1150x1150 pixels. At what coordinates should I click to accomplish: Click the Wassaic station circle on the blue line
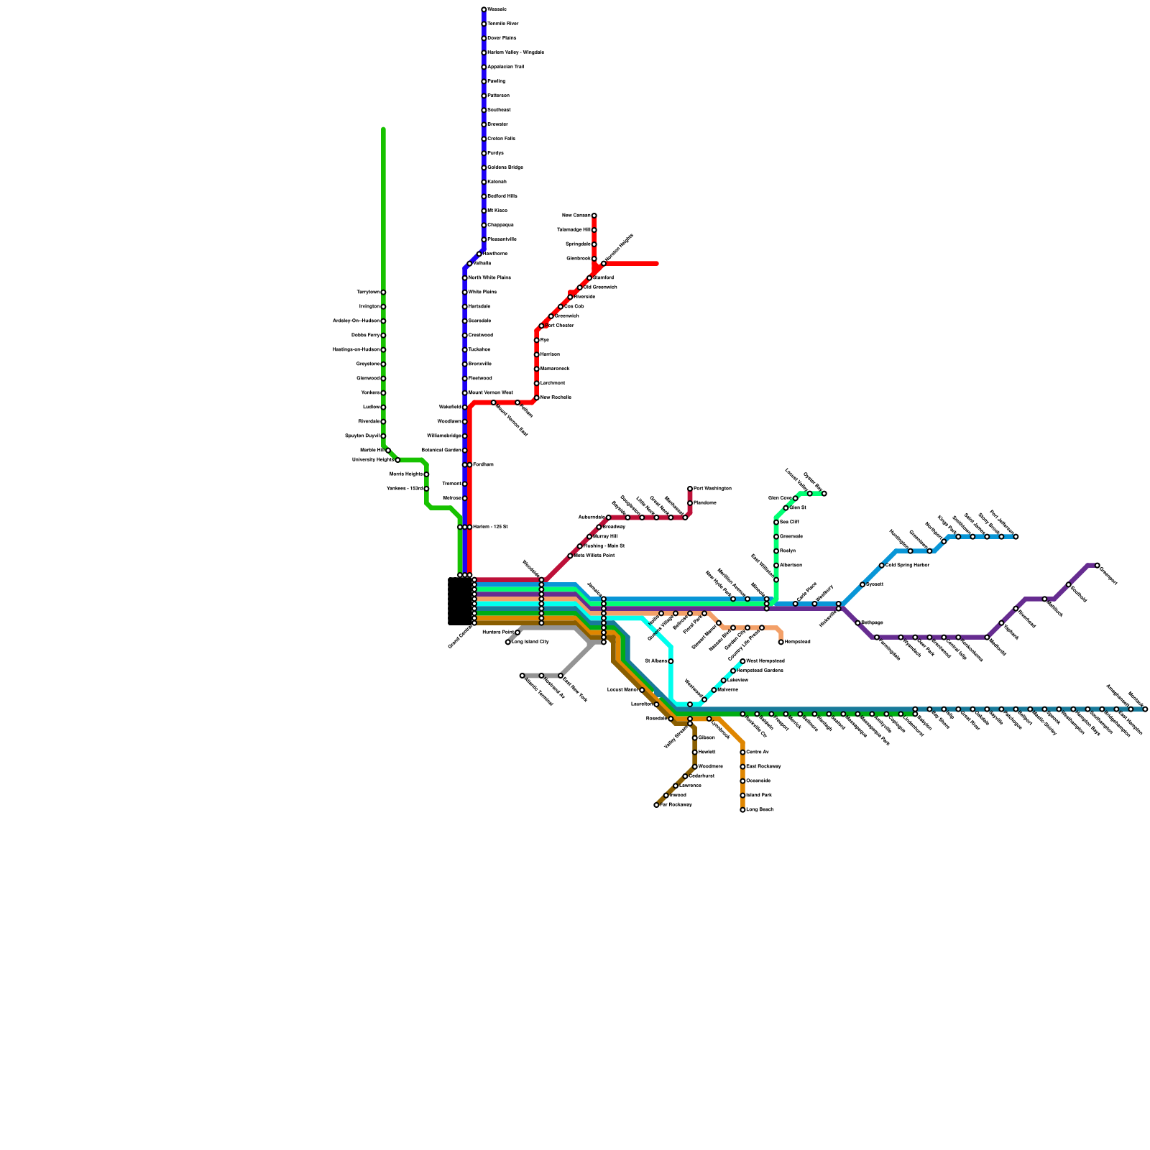(x=484, y=9)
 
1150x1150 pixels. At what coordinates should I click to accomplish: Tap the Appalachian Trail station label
(x=505, y=67)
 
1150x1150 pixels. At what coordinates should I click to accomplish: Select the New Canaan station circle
(x=594, y=216)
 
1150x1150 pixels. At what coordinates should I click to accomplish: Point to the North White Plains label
(x=489, y=278)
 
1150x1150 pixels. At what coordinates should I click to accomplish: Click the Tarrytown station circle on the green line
(x=383, y=293)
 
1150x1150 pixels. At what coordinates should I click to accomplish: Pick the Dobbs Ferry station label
(x=366, y=336)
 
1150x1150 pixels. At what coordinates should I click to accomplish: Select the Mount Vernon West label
(x=491, y=393)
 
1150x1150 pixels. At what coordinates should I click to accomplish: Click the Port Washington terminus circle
(x=690, y=489)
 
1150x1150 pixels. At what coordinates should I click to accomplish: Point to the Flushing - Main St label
(x=604, y=546)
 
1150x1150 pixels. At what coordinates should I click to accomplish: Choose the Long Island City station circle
(x=508, y=643)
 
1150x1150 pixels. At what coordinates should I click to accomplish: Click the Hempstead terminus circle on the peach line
(x=781, y=642)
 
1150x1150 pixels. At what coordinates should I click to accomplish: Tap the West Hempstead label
(x=765, y=661)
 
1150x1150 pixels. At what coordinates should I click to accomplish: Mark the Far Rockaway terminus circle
(x=656, y=805)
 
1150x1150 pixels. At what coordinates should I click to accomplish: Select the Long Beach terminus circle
(x=742, y=810)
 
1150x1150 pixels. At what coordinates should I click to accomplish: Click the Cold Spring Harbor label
(x=908, y=566)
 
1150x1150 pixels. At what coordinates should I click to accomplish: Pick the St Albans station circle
(x=671, y=661)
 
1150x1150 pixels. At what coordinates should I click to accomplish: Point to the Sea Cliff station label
(x=789, y=523)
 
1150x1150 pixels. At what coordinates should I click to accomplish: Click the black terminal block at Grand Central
(x=460, y=601)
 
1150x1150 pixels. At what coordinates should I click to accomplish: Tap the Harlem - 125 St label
(x=490, y=528)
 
